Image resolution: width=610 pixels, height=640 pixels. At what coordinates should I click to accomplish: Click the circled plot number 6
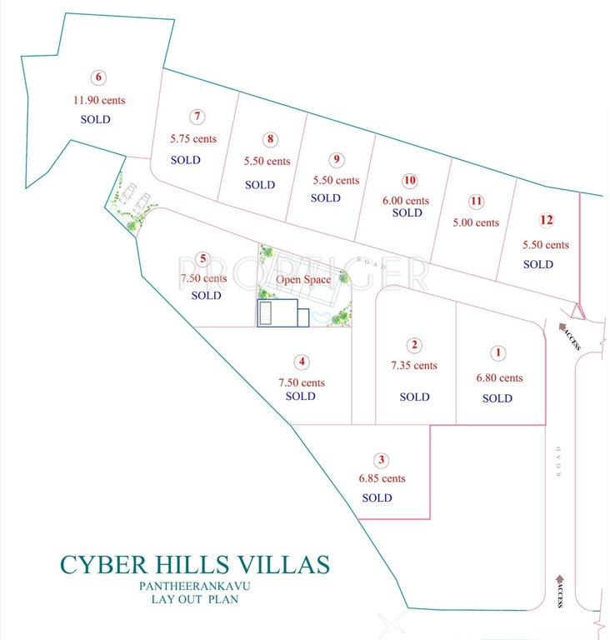[x=99, y=78]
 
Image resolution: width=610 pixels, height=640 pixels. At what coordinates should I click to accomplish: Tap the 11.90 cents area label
[x=99, y=100]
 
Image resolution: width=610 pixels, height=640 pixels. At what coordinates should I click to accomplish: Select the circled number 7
[x=197, y=117]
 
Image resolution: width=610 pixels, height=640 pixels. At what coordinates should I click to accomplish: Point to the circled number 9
[x=336, y=159]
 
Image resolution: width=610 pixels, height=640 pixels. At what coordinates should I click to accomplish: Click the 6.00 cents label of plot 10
[x=407, y=201]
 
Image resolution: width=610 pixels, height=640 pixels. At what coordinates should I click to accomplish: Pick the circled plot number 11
[x=476, y=201]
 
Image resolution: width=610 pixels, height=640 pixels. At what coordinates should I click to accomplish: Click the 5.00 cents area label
[x=476, y=222]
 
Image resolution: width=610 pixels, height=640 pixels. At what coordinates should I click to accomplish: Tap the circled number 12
[x=546, y=221]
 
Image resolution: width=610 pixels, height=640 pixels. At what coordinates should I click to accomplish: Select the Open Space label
[x=303, y=280]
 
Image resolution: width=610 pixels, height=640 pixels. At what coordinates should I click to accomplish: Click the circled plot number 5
[x=202, y=258]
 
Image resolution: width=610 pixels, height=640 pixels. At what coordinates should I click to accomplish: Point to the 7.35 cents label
[x=413, y=365]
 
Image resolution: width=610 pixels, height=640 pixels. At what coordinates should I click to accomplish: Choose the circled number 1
[x=498, y=353]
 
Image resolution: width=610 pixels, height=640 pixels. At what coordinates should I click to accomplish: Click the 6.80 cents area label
[x=499, y=377]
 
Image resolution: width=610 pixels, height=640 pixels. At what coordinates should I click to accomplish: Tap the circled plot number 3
[x=382, y=459]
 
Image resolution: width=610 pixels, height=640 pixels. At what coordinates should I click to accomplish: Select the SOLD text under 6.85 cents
[x=377, y=497]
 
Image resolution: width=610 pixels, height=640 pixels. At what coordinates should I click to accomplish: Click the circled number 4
[x=302, y=362]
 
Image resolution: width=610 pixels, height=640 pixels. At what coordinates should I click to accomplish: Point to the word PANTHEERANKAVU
[x=195, y=587]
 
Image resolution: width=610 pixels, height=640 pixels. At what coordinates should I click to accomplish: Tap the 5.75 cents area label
[x=193, y=138]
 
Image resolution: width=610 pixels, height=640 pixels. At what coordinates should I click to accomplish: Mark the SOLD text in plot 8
[x=260, y=185]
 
